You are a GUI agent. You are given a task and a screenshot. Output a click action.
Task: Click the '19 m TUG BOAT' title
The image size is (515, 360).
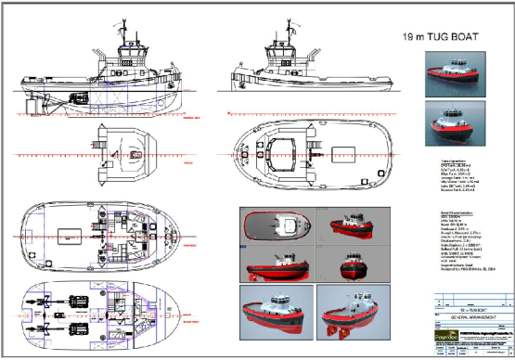point(441,39)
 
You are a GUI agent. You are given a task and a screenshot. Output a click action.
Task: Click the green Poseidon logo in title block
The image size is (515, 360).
point(444,340)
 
